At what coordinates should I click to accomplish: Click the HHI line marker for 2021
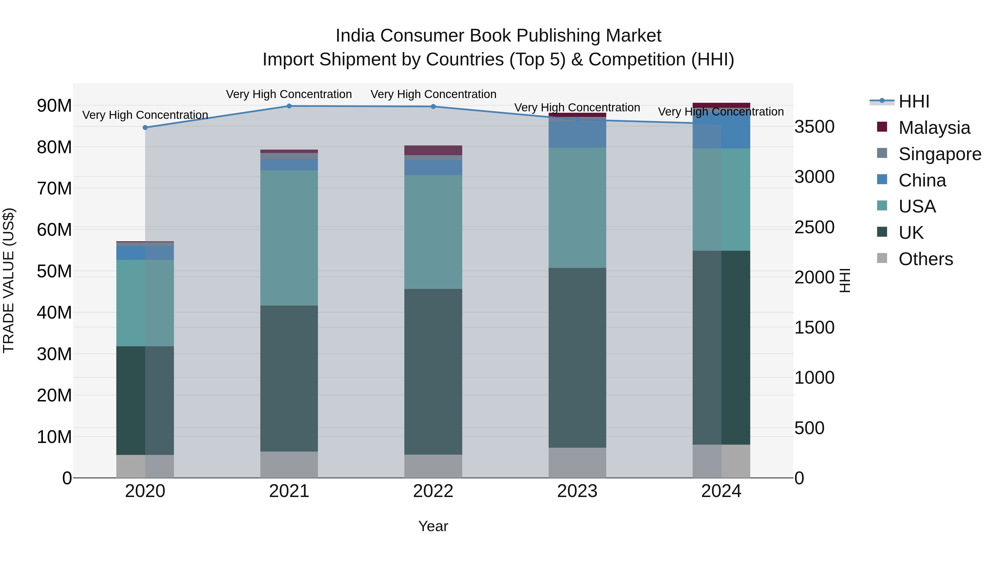[x=289, y=106]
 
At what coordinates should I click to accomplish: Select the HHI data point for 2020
[x=145, y=127]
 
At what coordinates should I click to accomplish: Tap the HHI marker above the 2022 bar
[x=433, y=106]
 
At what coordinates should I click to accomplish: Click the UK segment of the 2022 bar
[x=433, y=372]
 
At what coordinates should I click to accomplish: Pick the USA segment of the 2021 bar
[x=289, y=238]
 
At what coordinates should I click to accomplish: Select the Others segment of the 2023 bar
[x=577, y=463]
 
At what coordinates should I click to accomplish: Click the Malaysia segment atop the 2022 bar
[x=433, y=150]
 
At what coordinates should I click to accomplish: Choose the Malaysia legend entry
[x=934, y=128]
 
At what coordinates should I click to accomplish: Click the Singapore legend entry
[x=939, y=154]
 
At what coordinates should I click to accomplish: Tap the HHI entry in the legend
[x=913, y=101]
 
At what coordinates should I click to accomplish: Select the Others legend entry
[x=925, y=259]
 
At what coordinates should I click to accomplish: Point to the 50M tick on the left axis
[x=54, y=271]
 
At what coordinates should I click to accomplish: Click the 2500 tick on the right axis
[x=814, y=227]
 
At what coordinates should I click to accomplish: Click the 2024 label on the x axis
[x=721, y=491]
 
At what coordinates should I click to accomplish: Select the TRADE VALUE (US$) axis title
[x=9, y=280]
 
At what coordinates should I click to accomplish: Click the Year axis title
[x=433, y=526]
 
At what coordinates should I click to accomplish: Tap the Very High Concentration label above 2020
[x=145, y=115]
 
